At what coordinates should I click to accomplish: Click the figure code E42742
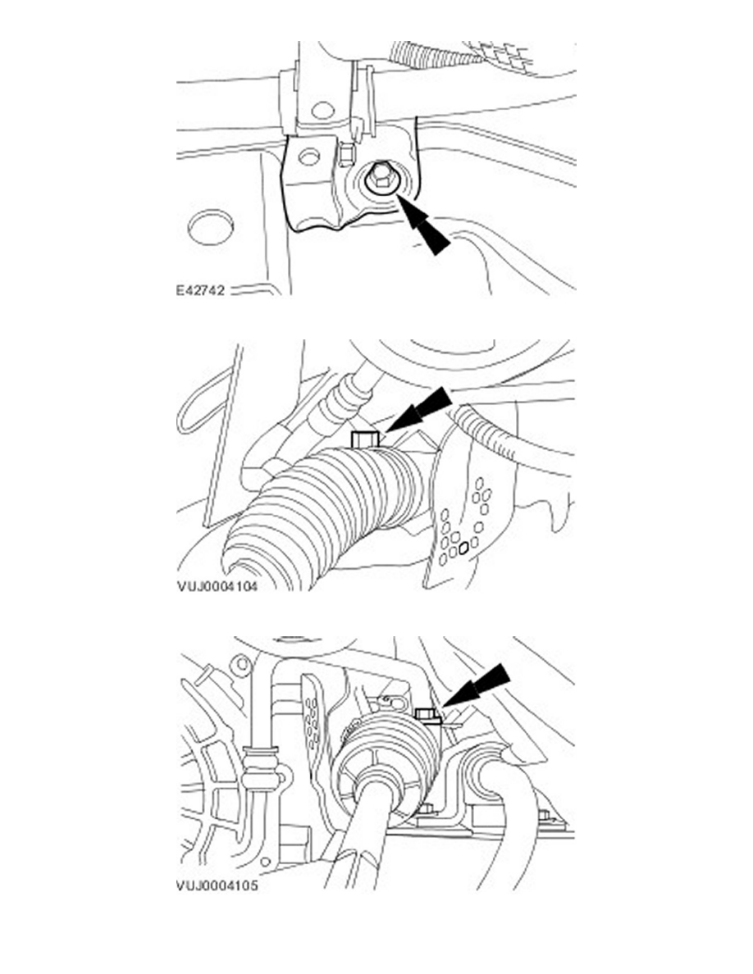(x=200, y=290)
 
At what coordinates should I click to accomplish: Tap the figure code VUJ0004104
(x=217, y=585)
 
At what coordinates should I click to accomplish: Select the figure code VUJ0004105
(x=217, y=885)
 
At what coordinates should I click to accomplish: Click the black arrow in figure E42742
(x=424, y=225)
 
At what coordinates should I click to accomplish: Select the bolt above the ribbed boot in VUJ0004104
(x=365, y=439)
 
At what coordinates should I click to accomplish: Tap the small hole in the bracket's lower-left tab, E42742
(x=308, y=157)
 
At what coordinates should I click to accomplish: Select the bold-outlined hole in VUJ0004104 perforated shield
(x=463, y=548)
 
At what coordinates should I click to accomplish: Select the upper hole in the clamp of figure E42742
(x=323, y=111)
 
